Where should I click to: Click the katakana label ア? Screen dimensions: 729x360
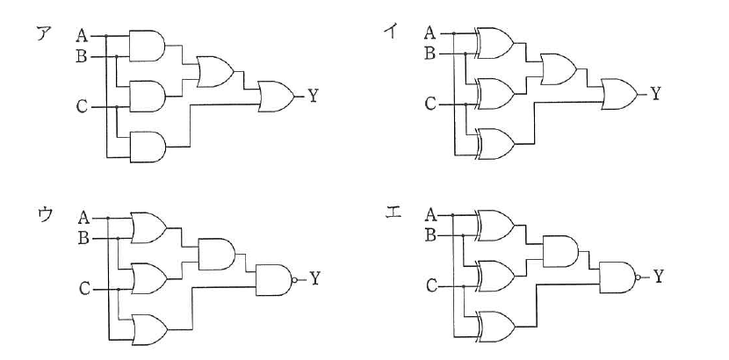click(44, 33)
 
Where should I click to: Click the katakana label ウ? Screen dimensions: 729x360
click(46, 214)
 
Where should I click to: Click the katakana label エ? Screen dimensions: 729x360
click(393, 213)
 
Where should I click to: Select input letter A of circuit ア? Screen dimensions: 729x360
click(83, 35)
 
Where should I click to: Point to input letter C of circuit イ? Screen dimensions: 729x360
click(430, 104)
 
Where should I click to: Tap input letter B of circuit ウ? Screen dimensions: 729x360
click(83, 239)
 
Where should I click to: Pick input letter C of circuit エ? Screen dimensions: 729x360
click(431, 286)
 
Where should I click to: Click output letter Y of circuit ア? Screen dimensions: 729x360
click(314, 97)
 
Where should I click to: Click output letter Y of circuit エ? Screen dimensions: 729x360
click(659, 277)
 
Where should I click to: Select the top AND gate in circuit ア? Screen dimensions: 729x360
click(147, 46)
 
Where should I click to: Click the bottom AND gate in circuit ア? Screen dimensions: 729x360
click(148, 147)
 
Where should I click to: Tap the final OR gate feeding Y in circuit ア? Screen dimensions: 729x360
click(276, 97)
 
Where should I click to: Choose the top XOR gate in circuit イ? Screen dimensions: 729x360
click(494, 43)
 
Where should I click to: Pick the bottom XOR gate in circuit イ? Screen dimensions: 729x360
click(495, 144)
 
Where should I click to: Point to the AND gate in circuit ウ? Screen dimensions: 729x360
click(217, 254)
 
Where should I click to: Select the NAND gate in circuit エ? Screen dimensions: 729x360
click(620, 277)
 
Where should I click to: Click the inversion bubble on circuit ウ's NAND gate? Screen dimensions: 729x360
click(294, 280)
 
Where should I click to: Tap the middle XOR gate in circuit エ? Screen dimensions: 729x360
click(495, 276)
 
